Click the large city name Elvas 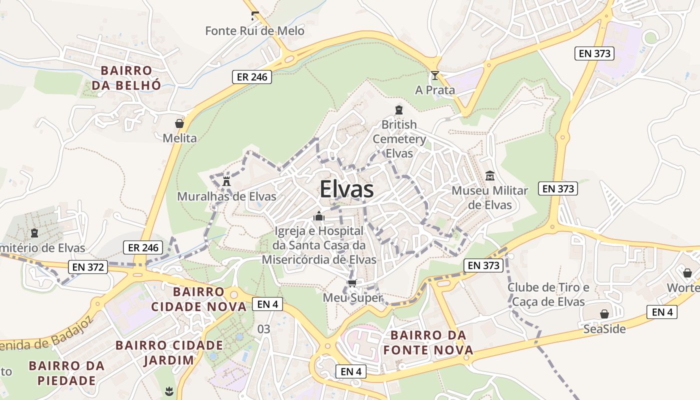click(346, 190)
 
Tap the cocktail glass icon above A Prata click(435, 75)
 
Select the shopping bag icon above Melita click(179, 123)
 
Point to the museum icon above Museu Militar click(489, 175)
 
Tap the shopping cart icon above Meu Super click(352, 283)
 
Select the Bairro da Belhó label click(126, 77)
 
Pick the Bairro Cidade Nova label click(209, 298)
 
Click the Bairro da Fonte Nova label click(428, 342)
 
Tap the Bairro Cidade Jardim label click(169, 352)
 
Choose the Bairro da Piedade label click(67, 373)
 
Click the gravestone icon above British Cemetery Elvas click(399, 110)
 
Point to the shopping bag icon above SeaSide click(604, 314)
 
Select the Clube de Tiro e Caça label click(548, 294)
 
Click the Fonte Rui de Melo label click(254, 31)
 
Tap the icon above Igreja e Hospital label click(318, 216)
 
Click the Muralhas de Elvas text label click(226, 196)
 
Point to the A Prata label click(435, 90)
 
